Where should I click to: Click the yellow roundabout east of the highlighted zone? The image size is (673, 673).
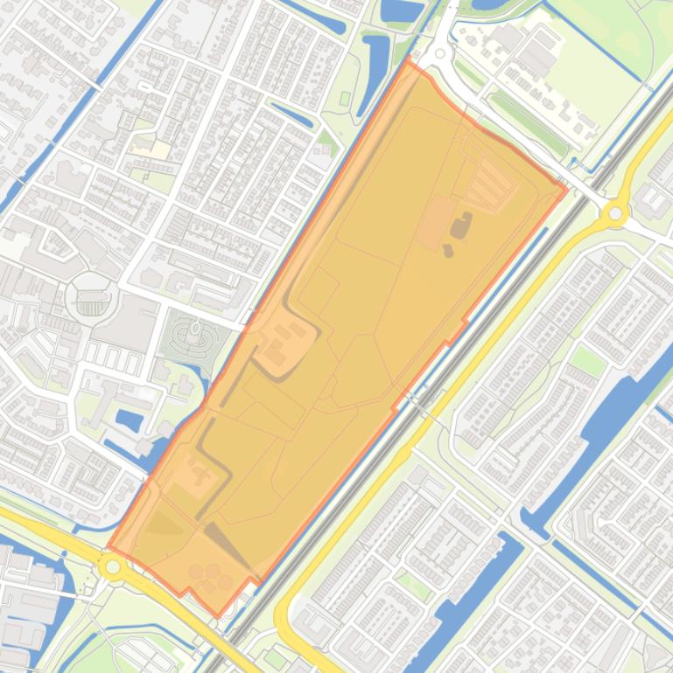point(616,212)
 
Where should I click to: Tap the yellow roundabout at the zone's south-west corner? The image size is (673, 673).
point(112,567)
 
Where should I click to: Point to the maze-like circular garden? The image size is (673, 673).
point(194,336)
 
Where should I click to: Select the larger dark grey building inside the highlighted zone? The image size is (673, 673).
point(459,227)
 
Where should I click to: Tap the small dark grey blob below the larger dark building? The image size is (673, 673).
point(448,251)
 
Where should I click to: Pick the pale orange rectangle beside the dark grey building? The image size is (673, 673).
point(434,223)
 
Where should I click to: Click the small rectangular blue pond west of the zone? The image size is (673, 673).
point(129,420)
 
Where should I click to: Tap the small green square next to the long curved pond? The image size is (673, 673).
point(327,138)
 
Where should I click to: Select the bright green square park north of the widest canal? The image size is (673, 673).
point(587,360)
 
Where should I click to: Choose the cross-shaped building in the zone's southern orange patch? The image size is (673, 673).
point(200,476)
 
